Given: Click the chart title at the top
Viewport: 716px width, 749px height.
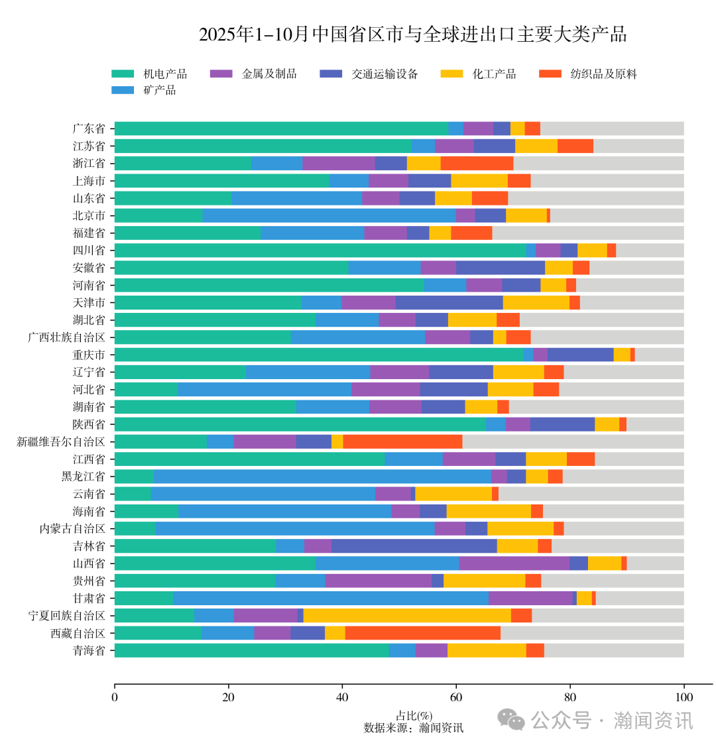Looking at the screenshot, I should pos(412,34).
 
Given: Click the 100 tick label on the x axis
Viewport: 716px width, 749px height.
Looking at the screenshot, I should pos(684,697).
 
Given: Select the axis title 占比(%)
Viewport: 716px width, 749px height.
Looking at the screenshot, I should pos(414,716).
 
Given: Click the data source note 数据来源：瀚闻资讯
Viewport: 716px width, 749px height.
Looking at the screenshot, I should pos(414,728).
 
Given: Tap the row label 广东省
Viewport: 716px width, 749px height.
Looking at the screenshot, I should pos(89,129).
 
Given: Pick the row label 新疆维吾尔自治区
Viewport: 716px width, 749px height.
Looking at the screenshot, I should pos(61,441).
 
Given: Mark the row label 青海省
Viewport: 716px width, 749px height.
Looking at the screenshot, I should pos(89,650).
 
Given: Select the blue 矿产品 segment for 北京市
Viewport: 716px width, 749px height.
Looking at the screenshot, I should pos(329,215).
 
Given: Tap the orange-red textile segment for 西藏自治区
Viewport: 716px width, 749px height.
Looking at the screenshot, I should pos(422,633).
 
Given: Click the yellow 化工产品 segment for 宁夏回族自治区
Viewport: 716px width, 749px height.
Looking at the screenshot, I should pos(406,615).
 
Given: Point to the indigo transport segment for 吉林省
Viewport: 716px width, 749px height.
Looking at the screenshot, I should pos(414,546).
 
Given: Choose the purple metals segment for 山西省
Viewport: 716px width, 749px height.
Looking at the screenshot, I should pos(514,563).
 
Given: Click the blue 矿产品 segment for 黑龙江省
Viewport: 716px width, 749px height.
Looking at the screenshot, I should pos(322,477).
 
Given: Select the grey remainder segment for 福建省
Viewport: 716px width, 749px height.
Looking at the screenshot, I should pos(587,233).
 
